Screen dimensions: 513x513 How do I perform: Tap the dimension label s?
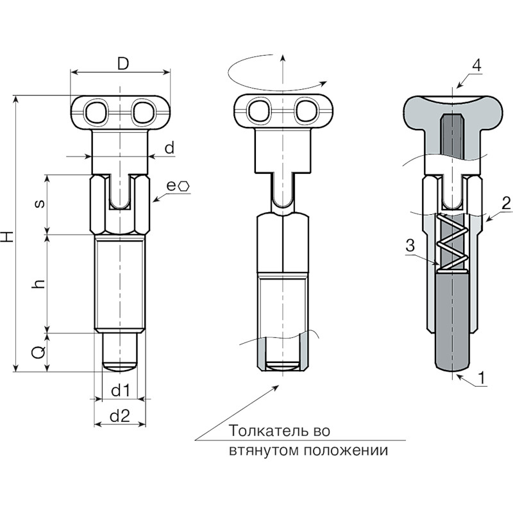tap(40, 204)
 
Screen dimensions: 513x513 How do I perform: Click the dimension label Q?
tap(39, 352)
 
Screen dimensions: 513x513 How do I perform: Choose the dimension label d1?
tap(121, 391)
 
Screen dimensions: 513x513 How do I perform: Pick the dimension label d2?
tap(120, 416)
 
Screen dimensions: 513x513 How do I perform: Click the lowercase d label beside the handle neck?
tap(169, 147)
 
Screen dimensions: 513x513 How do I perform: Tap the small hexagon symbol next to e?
tap(184, 187)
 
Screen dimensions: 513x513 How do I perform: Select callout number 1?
tap(481, 378)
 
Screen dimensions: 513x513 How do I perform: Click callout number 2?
tap(506, 203)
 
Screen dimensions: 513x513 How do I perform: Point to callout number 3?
tap(410, 246)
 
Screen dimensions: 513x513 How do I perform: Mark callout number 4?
tap(477, 65)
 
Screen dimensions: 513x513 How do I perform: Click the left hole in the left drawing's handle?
tap(97, 112)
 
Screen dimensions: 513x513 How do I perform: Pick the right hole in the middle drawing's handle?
tap(307, 111)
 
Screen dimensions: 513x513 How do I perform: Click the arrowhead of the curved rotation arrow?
tap(323, 83)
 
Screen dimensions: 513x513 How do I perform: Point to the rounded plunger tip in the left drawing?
tap(119, 366)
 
